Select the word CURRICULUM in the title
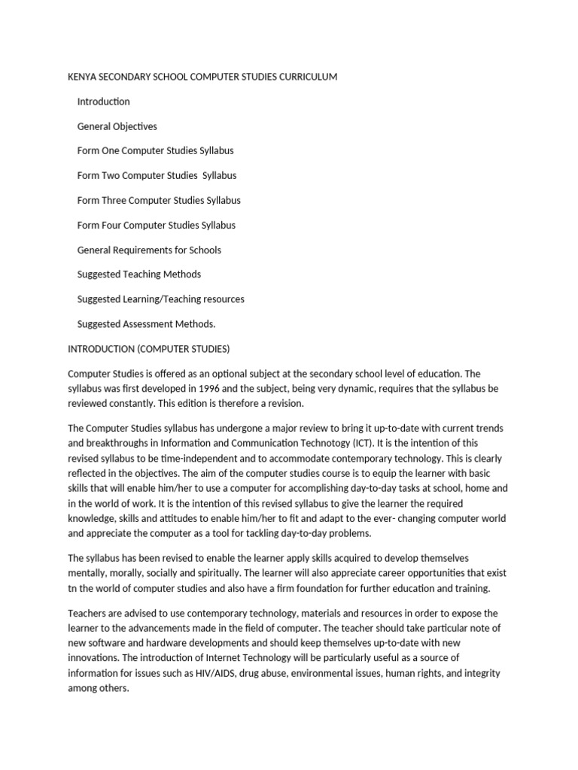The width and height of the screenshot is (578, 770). coord(309,77)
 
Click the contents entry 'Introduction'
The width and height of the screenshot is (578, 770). coord(103,102)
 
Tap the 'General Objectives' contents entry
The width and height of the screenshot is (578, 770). coord(117,126)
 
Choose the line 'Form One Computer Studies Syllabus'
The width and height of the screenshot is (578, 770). coord(155,150)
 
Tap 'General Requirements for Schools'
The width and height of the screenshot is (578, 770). coord(149,250)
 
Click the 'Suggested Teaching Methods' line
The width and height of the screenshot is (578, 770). coord(138,274)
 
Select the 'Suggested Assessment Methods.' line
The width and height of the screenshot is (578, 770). coord(146,324)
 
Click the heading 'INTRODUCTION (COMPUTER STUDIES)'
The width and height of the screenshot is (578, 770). coord(148,349)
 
